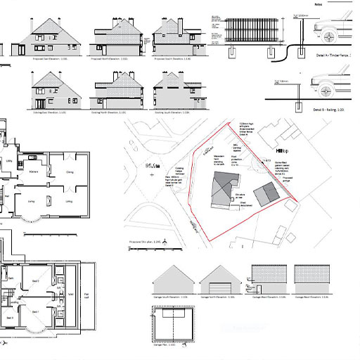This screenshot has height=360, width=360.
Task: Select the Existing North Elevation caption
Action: click(x=112, y=112)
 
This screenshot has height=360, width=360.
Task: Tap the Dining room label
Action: click(x=70, y=172)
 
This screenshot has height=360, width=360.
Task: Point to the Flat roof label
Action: click(x=86, y=295)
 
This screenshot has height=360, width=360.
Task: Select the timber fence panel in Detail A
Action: click(x=250, y=31)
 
